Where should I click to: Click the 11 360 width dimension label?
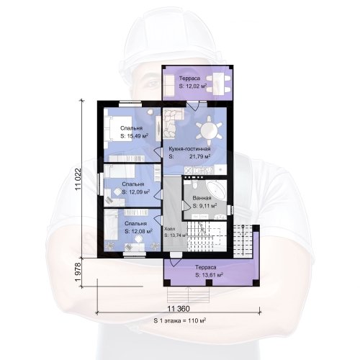tap(178, 309)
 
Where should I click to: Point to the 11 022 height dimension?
tap(78, 179)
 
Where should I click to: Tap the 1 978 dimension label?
tap(78, 272)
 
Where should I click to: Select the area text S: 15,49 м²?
tap(134, 136)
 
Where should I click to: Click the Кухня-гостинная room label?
tap(189, 149)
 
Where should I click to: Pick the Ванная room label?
tap(202, 198)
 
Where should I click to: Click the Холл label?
tap(170, 229)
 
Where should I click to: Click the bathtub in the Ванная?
tap(217, 189)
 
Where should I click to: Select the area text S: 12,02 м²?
tap(193, 86)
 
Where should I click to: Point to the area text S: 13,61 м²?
tap(210, 275)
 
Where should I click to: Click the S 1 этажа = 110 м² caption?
tap(179, 320)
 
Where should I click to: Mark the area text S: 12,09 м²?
tap(136, 192)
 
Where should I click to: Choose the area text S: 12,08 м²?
tap(139, 232)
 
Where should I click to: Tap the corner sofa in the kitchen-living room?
tap(171, 122)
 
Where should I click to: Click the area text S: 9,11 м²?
tap(205, 206)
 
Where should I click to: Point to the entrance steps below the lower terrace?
tap(189, 294)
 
